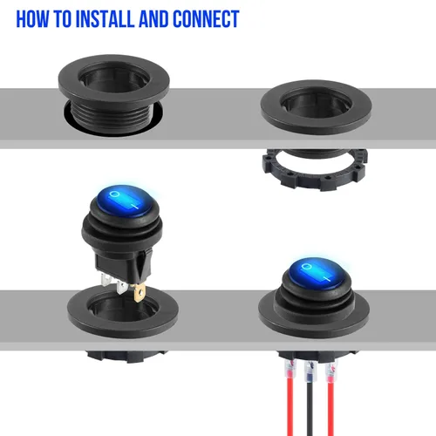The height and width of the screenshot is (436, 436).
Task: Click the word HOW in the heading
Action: [x=32, y=19]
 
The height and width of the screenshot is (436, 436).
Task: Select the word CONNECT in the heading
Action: [x=206, y=19]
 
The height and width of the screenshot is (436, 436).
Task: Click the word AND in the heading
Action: [x=153, y=19]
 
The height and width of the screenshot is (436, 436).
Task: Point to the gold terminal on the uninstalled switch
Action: [x=140, y=292]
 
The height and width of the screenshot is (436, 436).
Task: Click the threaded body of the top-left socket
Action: [x=114, y=116]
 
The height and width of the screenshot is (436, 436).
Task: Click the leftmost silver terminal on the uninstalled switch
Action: [x=106, y=280]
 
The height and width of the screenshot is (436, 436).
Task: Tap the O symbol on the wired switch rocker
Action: [x=306, y=266]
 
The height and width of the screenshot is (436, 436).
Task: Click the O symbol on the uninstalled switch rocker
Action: [x=115, y=194]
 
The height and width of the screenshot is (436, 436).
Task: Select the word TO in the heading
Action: [x=62, y=19]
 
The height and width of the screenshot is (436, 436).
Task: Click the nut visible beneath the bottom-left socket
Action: [x=126, y=356]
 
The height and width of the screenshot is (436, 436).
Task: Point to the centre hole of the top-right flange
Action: [x=316, y=103]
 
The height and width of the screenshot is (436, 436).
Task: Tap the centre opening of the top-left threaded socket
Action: [x=114, y=77]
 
